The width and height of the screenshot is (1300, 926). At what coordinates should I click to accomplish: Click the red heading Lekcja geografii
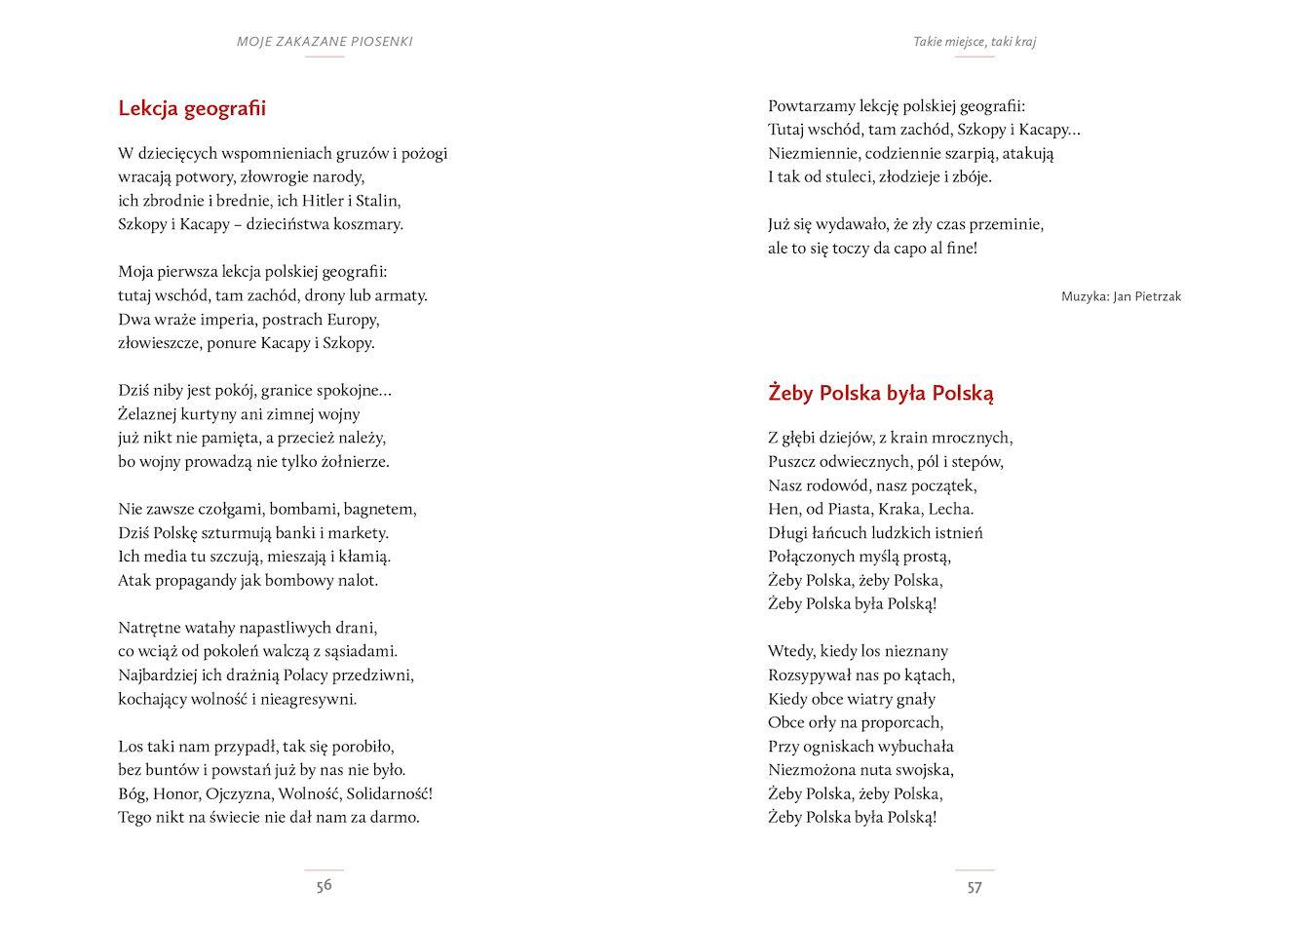coord(192,108)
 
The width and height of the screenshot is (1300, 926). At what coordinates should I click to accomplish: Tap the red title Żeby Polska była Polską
coord(881,394)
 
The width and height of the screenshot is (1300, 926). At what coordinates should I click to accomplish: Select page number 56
coord(325,885)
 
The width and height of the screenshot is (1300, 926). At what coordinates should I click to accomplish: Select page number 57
coord(975,887)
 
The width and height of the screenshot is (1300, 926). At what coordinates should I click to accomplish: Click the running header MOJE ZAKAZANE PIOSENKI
coord(325,42)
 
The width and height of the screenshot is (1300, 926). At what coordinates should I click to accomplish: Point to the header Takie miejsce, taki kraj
coord(975,42)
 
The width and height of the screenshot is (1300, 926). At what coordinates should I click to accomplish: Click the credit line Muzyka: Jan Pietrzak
coord(1121,296)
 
